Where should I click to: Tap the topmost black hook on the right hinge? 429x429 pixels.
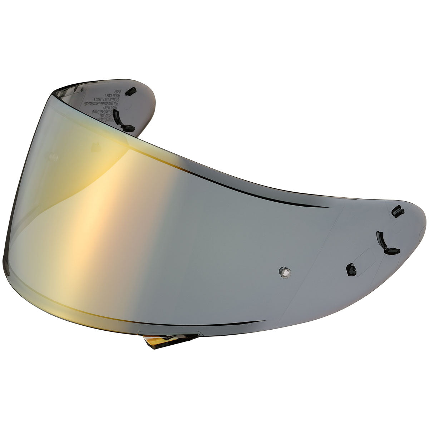pos(397,212)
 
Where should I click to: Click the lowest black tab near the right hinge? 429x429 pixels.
pos(351,269)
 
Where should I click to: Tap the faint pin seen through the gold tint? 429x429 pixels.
pos(53,156)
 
